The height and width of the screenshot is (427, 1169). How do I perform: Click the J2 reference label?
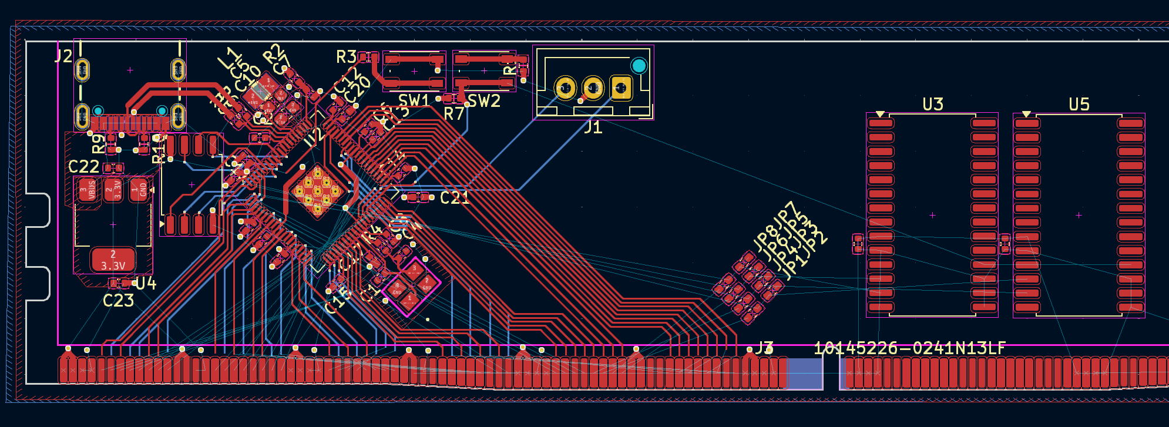point(63,56)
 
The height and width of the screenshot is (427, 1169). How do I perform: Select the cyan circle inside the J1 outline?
point(639,66)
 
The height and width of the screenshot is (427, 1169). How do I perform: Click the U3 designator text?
point(933,105)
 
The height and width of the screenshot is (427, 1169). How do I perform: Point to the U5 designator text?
point(1079,105)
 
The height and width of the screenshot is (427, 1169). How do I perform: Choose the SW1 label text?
point(414,101)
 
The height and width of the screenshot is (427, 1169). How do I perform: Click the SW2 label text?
point(484,101)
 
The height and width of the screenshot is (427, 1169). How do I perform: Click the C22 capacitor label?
point(83,167)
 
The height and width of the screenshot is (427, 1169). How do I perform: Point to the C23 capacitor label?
point(118,301)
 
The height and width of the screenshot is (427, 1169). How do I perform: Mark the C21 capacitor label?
point(455,198)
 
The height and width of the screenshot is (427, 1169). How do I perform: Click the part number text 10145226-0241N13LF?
point(909,348)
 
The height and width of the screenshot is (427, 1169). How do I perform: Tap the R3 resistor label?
point(346,57)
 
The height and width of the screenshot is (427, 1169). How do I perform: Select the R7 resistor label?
point(454,114)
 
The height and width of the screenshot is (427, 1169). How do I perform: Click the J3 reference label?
point(764,348)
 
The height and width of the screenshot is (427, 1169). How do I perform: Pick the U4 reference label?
point(146,284)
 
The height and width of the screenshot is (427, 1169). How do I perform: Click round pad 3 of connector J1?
point(565,88)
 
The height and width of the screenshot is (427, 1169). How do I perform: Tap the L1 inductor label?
point(230,59)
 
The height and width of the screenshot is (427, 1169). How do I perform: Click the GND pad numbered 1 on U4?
point(139,189)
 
